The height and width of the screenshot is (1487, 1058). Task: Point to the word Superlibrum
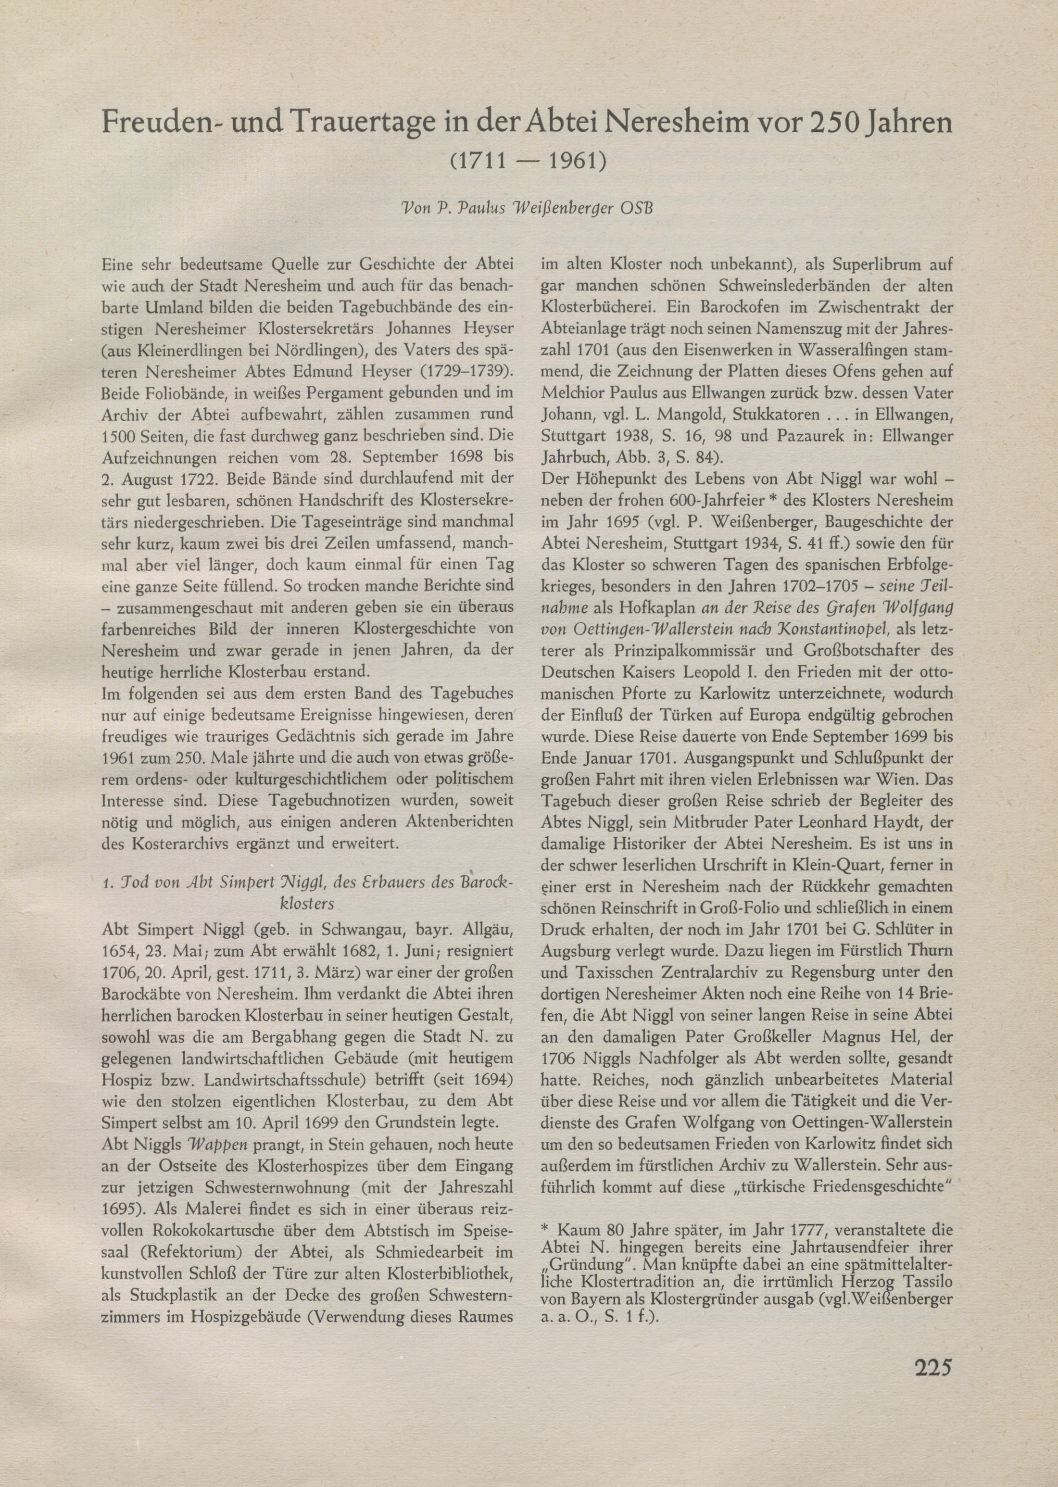[x=861, y=266]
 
